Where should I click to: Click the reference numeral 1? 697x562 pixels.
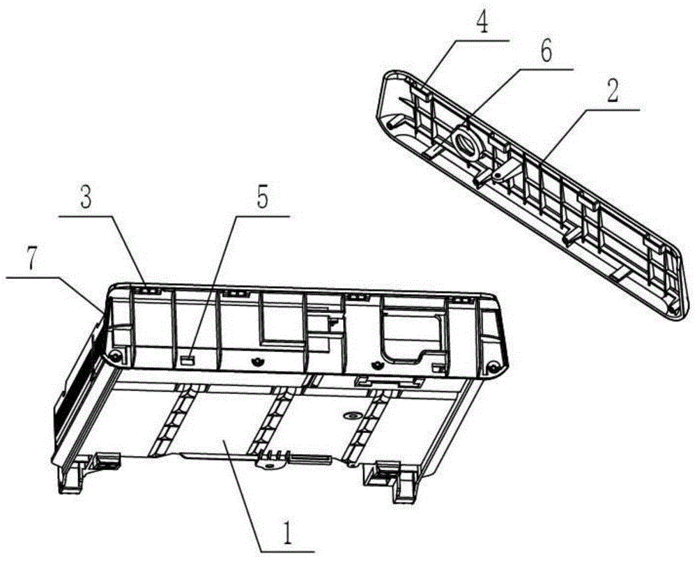pos(288,533)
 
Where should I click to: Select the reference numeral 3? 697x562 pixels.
pos(86,197)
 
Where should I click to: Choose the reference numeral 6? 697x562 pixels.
pos(546,51)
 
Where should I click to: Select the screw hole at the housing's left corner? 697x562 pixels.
pos(116,355)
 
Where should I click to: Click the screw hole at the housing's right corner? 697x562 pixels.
pos(491,367)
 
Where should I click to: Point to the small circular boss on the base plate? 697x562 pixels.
pos(351,416)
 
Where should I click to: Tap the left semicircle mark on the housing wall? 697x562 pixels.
pos(256,362)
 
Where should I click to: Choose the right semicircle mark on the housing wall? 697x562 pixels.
pos(377,365)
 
